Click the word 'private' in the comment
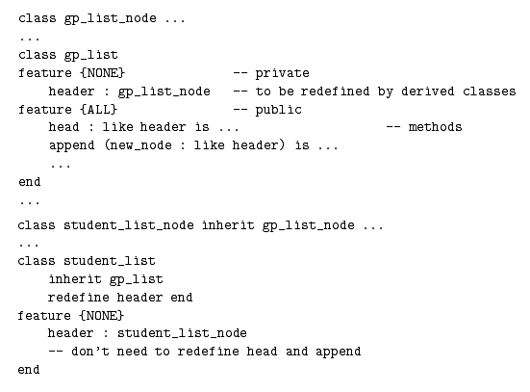[282, 73]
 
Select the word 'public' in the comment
[278, 110]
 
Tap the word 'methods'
[435, 127]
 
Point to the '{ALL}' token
[98, 110]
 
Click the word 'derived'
[428, 91]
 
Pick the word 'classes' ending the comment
[490, 91]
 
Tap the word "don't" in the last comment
[90, 352]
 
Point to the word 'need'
[132, 352]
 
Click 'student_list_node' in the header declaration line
[182, 333]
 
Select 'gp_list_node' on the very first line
[111, 18]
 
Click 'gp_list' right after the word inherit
[137, 279]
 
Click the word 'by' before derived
[386, 91]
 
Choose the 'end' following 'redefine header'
[182, 298]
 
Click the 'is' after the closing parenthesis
[302, 145]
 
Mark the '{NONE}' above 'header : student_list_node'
[102, 316]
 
